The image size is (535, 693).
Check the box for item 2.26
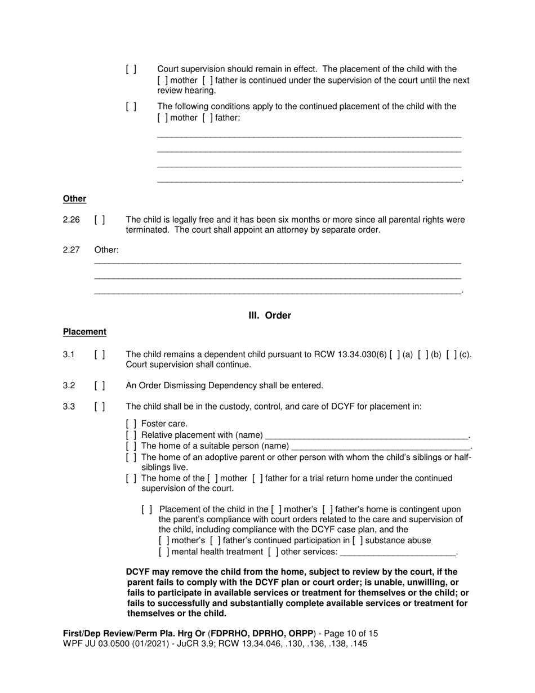[100, 220]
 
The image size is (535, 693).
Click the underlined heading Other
[74, 199]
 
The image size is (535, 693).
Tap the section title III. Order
[270, 316]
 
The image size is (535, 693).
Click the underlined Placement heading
[84, 332]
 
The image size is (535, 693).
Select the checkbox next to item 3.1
[100, 354]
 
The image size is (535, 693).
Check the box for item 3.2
[100, 386]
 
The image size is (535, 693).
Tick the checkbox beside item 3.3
[100, 406]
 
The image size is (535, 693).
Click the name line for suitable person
[380, 446]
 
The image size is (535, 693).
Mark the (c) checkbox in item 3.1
[452, 354]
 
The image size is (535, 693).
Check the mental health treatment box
[164, 552]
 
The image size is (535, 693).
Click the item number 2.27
[72, 250]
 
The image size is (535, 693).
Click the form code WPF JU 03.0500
[97, 643]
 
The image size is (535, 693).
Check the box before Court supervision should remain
[131, 69]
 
